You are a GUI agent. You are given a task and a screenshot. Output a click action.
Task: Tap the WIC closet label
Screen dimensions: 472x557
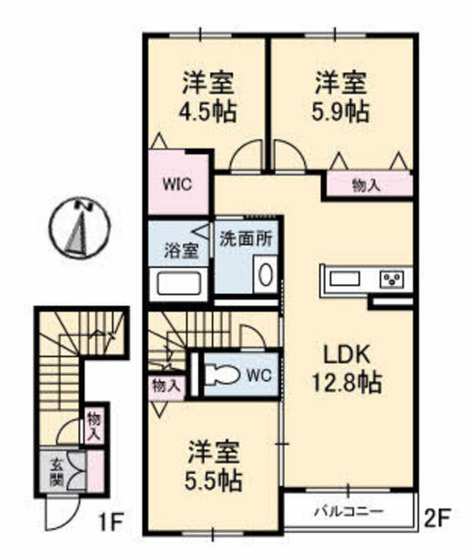tap(178, 183)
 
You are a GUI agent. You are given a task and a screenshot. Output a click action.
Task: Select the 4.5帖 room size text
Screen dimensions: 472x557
tap(209, 113)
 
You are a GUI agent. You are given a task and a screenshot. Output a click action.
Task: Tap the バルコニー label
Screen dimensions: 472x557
tap(349, 511)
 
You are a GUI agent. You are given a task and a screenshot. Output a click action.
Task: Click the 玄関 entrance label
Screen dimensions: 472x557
tap(56, 472)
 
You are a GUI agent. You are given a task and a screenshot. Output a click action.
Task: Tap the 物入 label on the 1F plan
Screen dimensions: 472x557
tap(92, 426)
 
